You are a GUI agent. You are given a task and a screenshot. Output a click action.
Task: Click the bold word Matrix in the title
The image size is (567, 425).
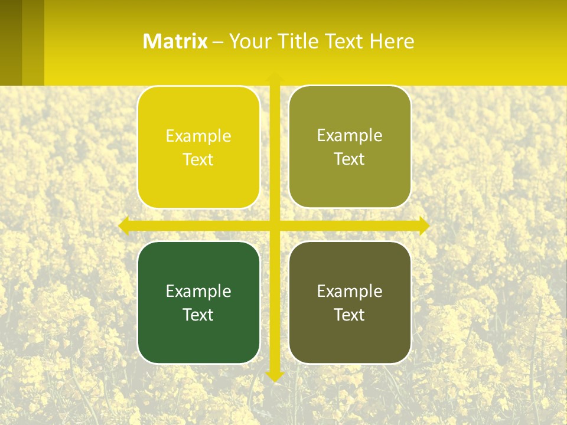tap(175, 41)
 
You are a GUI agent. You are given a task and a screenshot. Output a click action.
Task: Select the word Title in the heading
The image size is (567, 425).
tap(301, 41)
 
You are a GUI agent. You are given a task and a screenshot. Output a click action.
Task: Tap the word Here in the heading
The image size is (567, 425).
tap(392, 41)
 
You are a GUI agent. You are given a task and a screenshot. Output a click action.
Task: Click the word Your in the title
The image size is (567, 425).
tap(249, 41)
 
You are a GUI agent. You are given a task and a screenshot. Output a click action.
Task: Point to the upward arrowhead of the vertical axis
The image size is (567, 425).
tap(275, 77)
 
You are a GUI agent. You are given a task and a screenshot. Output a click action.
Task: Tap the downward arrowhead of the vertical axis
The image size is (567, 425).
tap(275, 375)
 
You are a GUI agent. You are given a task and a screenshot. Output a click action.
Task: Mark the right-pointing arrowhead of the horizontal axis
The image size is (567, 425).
tap(423, 225)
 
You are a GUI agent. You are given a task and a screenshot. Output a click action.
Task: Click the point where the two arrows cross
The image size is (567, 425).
tap(275, 225)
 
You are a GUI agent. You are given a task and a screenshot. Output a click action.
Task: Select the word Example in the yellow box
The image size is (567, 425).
tap(198, 136)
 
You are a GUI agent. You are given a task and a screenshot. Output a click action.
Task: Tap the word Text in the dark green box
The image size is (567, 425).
tap(198, 315)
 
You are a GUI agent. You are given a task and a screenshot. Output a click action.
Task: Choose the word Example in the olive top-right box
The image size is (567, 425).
tap(350, 136)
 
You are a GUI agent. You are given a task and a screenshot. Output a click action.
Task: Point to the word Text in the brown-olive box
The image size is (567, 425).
tap(350, 315)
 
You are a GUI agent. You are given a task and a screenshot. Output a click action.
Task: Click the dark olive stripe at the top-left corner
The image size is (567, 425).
tap(11, 41)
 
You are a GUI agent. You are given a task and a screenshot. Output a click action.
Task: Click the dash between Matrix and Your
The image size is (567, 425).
tap(218, 42)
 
